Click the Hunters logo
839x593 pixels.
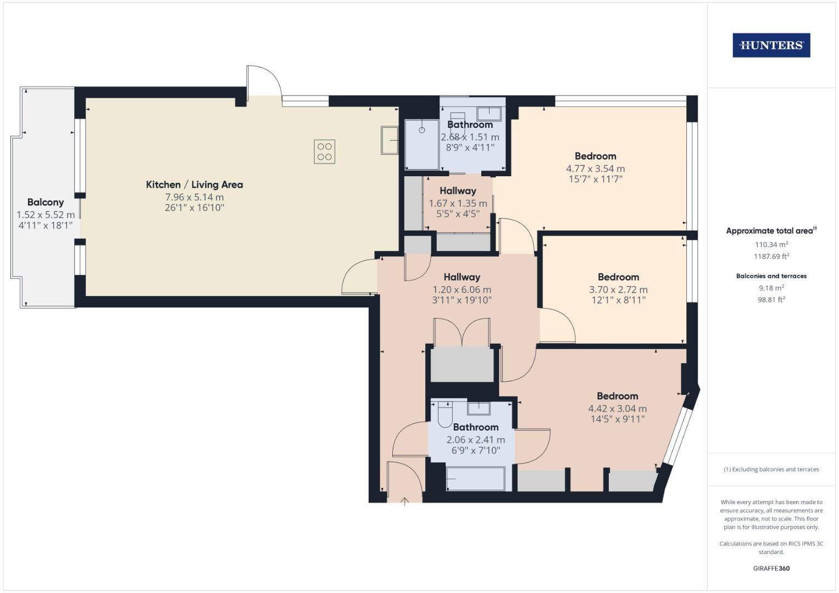click(x=771, y=46)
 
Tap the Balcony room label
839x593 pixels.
click(x=46, y=203)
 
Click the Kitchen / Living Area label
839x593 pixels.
click(x=194, y=185)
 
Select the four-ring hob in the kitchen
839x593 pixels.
click(x=324, y=152)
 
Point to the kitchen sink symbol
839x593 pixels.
click(x=390, y=141)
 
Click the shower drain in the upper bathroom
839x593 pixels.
click(x=422, y=130)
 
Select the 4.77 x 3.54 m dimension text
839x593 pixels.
click(x=595, y=169)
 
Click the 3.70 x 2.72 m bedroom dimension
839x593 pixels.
click(x=618, y=289)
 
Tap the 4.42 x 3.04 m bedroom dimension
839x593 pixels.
click(x=617, y=409)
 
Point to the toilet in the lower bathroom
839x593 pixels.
click(x=444, y=415)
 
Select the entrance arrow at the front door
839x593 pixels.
click(x=405, y=501)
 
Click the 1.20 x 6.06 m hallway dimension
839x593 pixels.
click(x=462, y=289)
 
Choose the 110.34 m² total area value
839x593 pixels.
click(x=771, y=245)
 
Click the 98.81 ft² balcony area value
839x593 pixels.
click(x=771, y=300)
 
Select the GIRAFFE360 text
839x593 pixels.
click(x=771, y=568)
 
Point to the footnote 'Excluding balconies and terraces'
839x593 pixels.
click(x=771, y=469)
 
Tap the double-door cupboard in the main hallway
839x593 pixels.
click(x=462, y=362)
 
